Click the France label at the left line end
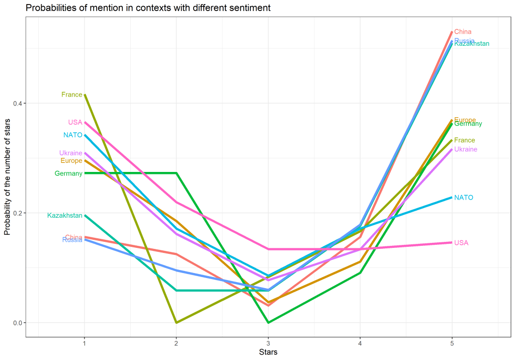(71, 95)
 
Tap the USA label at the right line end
(461, 243)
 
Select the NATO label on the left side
(72, 135)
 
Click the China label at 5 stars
(463, 32)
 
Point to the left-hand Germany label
(68, 173)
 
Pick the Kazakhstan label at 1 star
(65, 216)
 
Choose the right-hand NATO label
(464, 198)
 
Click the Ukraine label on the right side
(466, 149)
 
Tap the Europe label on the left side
(71, 161)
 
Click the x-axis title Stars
(268, 352)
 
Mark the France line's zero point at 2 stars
(176, 322)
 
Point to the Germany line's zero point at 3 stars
(268, 322)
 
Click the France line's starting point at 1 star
(84, 95)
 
